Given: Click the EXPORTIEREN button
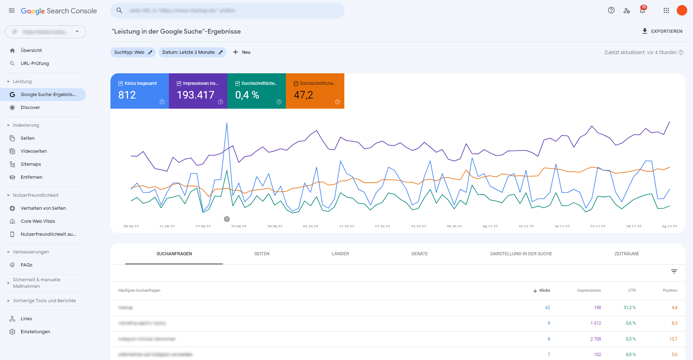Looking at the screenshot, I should tap(662, 31).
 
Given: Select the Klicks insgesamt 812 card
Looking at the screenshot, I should tap(140, 91).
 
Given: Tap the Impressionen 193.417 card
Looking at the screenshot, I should tap(198, 91).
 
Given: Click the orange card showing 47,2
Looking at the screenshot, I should tap(315, 91).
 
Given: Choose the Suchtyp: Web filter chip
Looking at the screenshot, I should tap(133, 52).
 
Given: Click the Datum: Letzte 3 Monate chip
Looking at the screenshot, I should tap(192, 52).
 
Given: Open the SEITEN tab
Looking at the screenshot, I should tap(262, 254).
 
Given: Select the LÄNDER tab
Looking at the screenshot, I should tap(340, 254).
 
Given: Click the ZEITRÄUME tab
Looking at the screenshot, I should tap(627, 254).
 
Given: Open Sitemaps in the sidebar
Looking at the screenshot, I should tap(31, 164).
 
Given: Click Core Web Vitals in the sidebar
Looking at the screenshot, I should tap(38, 221).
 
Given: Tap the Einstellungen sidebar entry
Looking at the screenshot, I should tap(35, 332).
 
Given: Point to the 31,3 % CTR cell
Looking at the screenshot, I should tap(629, 308).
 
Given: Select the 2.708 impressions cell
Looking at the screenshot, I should tap(596, 339).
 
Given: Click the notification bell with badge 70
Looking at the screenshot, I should tap(642, 10).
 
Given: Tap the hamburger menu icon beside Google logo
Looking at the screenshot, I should tap(12, 11).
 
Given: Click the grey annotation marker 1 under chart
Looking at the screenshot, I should tap(227, 219).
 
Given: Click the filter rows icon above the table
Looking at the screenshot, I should tap(674, 272).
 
